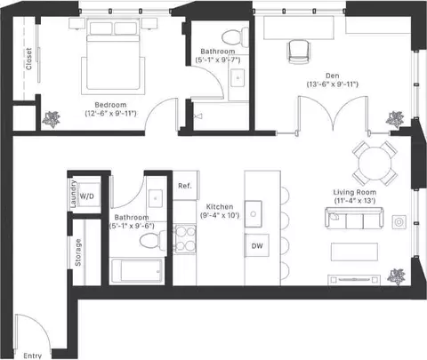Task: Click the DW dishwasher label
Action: pyautogui.click(x=257, y=245)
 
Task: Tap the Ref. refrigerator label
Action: pyautogui.click(x=185, y=186)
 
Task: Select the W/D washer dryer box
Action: pyautogui.click(x=86, y=196)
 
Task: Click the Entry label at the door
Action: pyautogui.click(x=33, y=356)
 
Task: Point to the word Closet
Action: pyautogui.click(x=28, y=59)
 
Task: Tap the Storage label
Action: pyautogui.click(x=78, y=252)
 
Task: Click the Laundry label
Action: pyautogui.click(x=73, y=194)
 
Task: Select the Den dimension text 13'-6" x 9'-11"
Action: pyautogui.click(x=333, y=84)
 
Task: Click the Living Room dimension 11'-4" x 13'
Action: pyautogui.click(x=355, y=201)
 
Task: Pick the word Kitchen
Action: pyautogui.click(x=220, y=206)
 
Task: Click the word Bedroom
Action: pyautogui.click(x=110, y=105)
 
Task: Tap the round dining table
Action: pyautogui.click(x=375, y=164)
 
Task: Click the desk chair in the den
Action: pyautogui.click(x=299, y=52)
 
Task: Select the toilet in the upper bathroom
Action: pyautogui.click(x=236, y=36)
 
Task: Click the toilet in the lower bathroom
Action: pyautogui.click(x=153, y=240)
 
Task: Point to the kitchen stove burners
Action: pyautogui.click(x=185, y=239)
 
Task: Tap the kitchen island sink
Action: pyautogui.click(x=254, y=214)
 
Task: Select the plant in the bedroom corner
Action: pyautogui.click(x=52, y=119)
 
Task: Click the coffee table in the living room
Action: pyautogui.click(x=354, y=252)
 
